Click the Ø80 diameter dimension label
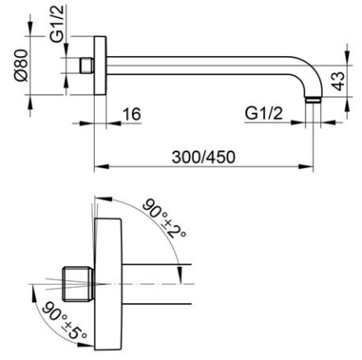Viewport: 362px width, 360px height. (21, 65)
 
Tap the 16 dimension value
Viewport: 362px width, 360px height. (132, 114)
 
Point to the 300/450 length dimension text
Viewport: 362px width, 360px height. (203, 157)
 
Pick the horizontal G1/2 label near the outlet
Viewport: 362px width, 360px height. (263, 113)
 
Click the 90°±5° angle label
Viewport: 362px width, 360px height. (65, 320)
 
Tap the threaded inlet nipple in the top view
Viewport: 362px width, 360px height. (87, 65)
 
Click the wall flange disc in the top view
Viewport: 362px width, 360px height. (100, 65)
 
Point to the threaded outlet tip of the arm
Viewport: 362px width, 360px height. (313, 100)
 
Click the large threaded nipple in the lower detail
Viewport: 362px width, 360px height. (79, 283)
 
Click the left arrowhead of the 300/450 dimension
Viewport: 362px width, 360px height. (102, 166)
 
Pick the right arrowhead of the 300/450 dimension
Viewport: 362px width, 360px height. (306, 166)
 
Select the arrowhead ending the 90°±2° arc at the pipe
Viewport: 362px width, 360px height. (180, 274)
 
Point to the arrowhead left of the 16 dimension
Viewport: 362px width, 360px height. (86, 123)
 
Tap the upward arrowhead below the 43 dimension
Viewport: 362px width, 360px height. (348, 105)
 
